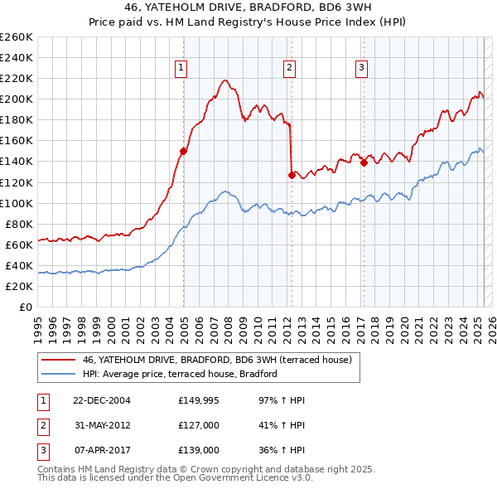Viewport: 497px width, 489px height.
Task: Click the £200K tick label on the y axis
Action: click(17, 99)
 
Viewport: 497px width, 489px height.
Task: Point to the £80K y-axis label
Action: click(19, 224)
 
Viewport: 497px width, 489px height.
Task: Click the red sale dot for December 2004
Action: click(183, 151)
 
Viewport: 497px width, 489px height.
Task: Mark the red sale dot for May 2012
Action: click(292, 175)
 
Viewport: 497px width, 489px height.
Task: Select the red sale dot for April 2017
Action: click(363, 162)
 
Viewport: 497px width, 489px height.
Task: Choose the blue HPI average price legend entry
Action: click(180, 374)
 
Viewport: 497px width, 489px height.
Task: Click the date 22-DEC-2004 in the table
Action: click(102, 400)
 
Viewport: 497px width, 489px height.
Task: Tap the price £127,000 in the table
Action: click(199, 425)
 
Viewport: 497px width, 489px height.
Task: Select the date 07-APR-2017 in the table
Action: click(102, 450)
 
